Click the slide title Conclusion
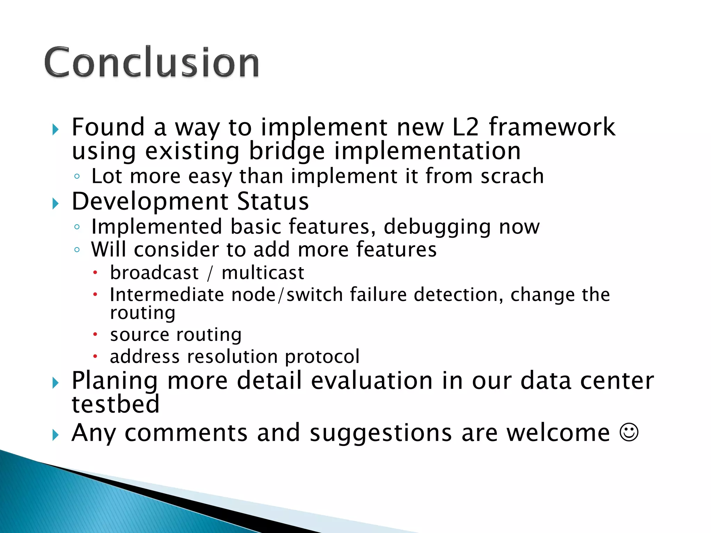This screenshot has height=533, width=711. [151, 62]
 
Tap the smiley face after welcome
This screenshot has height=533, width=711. [629, 433]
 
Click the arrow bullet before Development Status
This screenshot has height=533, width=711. [56, 203]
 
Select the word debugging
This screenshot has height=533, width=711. [437, 227]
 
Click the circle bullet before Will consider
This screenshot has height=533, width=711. [77, 249]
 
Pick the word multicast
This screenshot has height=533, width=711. [263, 273]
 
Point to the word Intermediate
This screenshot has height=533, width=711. [167, 295]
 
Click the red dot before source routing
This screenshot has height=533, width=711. [95, 335]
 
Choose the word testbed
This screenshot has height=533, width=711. [115, 404]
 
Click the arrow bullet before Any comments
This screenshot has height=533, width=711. [56, 435]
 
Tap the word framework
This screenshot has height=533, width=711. [552, 127]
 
